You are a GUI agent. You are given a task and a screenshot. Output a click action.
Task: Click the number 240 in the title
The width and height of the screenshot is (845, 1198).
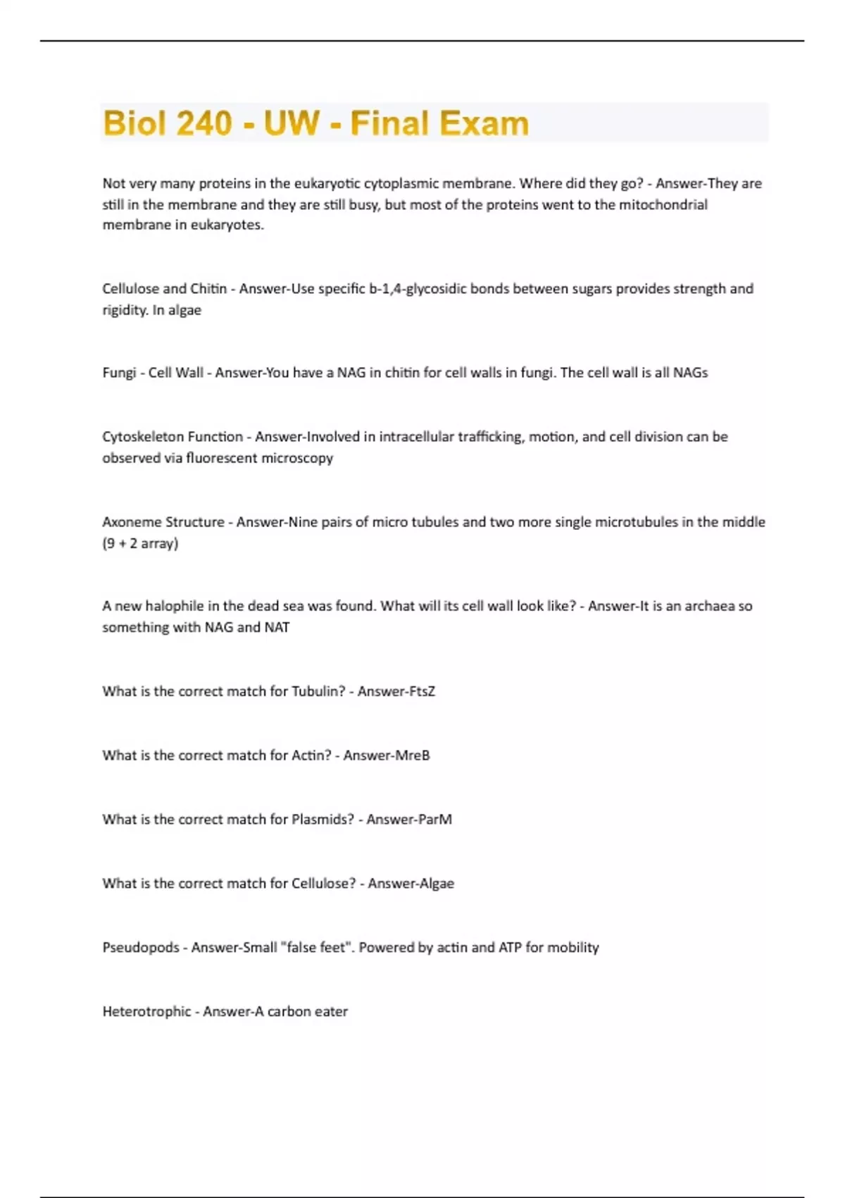tap(204, 123)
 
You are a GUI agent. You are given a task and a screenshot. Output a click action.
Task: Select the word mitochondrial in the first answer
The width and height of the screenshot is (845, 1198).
tap(663, 204)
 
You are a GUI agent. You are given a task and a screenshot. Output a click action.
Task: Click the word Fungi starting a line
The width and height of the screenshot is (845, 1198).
tap(119, 373)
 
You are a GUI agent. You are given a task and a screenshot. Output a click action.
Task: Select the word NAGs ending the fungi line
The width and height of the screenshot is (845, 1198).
tap(690, 373)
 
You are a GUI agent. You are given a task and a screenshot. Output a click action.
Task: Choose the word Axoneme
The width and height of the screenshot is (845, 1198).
tap(131, 522)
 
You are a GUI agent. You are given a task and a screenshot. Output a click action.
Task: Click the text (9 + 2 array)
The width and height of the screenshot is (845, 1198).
tap(140, 543)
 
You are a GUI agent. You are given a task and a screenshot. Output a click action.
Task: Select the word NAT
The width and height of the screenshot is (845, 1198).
tap(277, 627)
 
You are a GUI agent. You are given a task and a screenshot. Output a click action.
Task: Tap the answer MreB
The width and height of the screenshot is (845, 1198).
tap(413, 755)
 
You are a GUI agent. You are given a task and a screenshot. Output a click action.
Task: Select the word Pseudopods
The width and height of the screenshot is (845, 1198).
tap(141, 948)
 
